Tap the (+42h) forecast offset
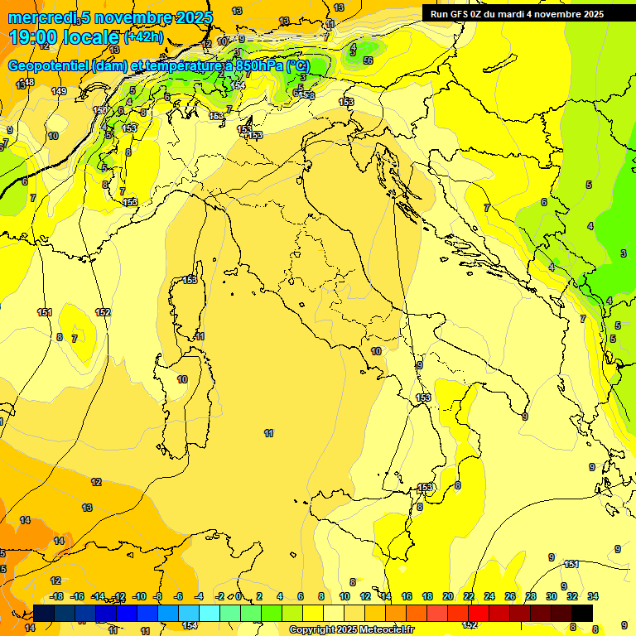tap(142, 37)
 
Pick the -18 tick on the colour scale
tap(56, 596)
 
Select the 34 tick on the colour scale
tap(592, 596)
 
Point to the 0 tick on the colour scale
tap(238, 596)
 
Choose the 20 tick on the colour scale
tap(448, 596)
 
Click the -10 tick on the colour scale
tap(139, 596)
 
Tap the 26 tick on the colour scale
tap(509, 596)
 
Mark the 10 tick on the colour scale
tap(344, 596)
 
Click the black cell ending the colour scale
tap(581, 613)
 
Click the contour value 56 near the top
tap(368, 60)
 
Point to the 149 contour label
tap(58, 91)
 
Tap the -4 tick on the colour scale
tap(199, 596)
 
